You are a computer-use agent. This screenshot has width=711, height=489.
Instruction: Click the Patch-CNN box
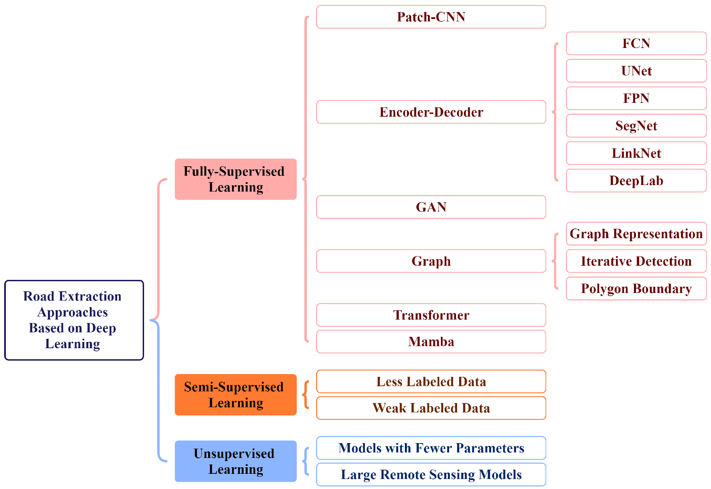(x=431, y=17)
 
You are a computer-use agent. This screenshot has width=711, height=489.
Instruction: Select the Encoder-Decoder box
(x=431, y=112)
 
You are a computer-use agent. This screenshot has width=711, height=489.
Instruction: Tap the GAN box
(x=431, y=207)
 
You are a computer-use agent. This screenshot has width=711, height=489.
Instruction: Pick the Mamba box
(x=431, y=342)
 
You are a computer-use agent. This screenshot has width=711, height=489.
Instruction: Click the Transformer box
(x=431, y=315)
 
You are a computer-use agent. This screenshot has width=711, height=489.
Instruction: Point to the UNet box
(x=636, y=71)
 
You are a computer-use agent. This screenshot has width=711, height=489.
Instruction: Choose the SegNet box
(x=636, y=126)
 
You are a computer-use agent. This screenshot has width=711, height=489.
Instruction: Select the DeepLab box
(x=636, y=180)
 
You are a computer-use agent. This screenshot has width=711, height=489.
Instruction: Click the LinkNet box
(x=636, y=153)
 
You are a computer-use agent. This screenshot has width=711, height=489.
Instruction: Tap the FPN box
(x=636, y=98)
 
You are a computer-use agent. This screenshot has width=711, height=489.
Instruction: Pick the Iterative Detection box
(x=636, y=261)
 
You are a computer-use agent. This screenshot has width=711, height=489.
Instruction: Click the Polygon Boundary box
(x=636, y=288)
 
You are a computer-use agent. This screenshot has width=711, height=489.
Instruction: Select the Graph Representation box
(x=636, y=234)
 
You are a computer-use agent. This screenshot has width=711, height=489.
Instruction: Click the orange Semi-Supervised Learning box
(x=236, y=395)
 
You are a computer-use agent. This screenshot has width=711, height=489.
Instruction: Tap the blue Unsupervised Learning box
(x=236, y=461)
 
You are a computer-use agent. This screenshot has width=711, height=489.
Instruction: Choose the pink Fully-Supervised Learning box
(x=236, y=179)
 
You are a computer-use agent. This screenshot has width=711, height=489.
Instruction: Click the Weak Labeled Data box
(x=431, y=408)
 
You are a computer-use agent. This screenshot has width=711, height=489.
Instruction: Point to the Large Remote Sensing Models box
(x=431, y=475)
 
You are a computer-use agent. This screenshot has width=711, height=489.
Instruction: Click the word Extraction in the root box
(x=90, y=296)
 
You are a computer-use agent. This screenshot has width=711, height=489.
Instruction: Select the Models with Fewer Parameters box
(x=431, y=448)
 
